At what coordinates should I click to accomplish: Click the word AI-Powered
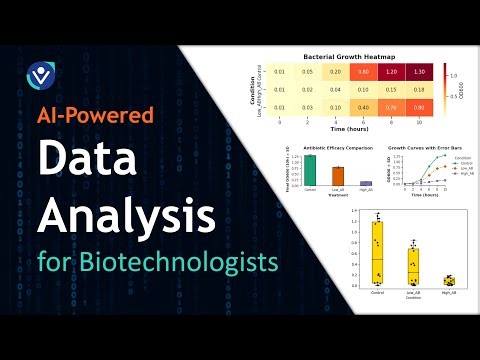pos(95,115)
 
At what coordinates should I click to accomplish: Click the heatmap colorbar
pos(441,88)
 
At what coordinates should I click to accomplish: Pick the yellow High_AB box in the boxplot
pos(450,280)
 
